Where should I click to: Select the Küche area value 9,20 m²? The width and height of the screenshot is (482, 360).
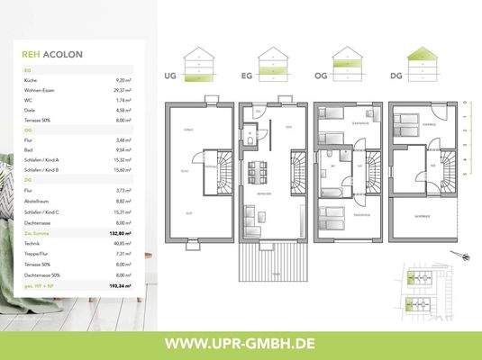(x=123, y=80)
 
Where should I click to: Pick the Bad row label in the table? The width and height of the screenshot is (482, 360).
(x=28, y=149)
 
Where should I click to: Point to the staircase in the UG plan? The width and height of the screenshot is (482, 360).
(x=216, y=168)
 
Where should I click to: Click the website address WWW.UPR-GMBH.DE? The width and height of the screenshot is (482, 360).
(x=241, y=343)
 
